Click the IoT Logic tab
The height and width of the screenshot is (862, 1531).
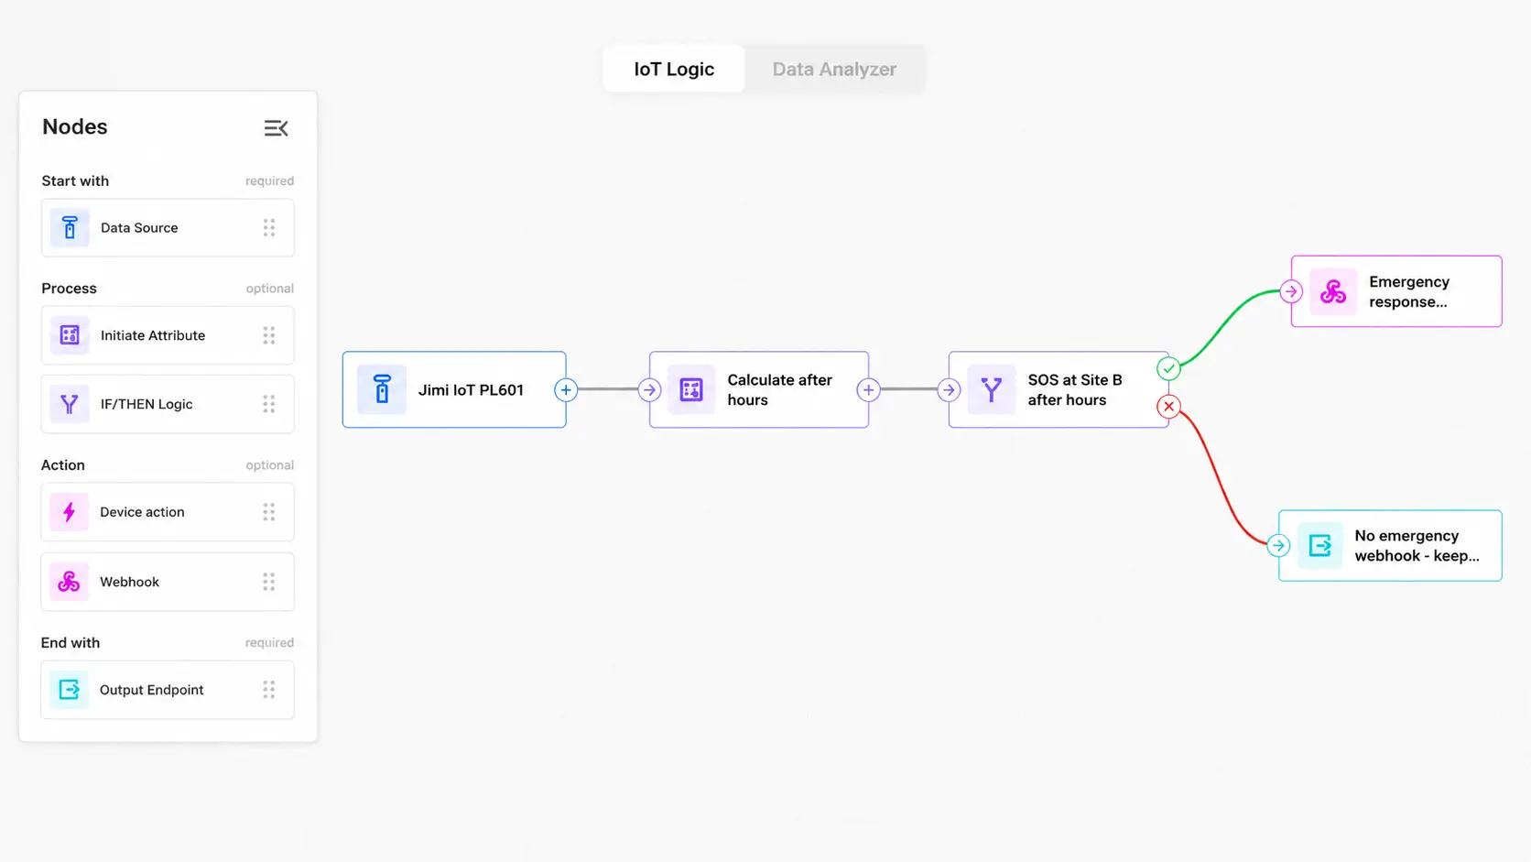coord(674,69)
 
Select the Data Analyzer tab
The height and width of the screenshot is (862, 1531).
coord(834,69)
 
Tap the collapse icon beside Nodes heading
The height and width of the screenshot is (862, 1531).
coord(277,128)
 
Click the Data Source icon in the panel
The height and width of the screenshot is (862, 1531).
coord(70,227)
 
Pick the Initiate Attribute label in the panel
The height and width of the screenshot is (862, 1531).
coord(152,335)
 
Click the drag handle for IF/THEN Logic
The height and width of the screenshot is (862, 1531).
coord(269,404)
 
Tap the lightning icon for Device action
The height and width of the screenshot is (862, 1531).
coord(69,512)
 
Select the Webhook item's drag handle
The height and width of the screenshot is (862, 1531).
coord(269,582)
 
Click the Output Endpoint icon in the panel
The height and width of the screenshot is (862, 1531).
coord(69,690)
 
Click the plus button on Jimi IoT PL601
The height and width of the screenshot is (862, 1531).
coord(566,389)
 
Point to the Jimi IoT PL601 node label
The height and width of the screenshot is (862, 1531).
coord(471,389)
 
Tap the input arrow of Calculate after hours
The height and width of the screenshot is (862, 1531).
coord(649,389)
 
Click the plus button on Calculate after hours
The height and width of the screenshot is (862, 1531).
coord(868,389)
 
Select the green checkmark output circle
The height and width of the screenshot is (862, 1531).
coord(1168,369)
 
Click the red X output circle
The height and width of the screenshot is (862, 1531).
coord(1168,407)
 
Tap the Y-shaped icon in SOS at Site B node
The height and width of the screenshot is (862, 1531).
coord(991,389)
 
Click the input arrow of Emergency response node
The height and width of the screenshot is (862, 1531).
coord(1291,291)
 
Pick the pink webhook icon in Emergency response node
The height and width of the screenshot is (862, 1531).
coord(1333,292)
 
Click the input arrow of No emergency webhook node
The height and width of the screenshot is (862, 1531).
coord(1278,545)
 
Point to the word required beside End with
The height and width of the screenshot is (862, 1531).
coord(269,642)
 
